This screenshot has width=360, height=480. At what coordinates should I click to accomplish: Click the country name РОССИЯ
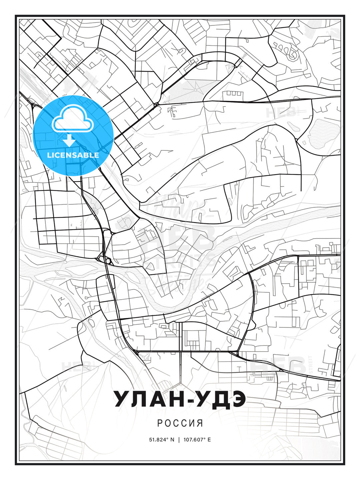[180, 423]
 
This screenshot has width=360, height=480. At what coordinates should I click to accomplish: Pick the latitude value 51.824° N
[162, 439]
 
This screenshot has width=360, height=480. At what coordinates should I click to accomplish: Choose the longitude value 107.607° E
[197, 439]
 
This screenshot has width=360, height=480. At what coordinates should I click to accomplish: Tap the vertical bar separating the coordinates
[179, 439]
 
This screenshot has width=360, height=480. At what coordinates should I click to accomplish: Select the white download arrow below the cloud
[69, 140]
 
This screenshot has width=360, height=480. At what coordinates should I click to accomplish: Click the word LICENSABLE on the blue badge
[73, 155]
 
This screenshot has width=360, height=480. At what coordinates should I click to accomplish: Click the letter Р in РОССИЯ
[160, 423]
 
